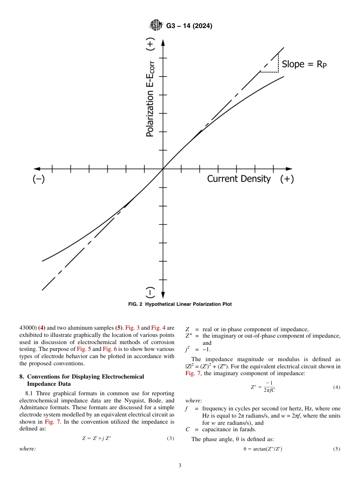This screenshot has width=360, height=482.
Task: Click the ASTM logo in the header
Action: coord(156,25)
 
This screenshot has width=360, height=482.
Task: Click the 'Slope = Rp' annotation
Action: coord(304,64)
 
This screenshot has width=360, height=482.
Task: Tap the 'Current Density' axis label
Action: coord(239,179)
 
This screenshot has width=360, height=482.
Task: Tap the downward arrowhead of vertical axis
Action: coord(163,295)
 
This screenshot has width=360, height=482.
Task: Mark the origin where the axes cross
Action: coord(163,169)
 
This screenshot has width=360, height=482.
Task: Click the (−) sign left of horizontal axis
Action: coord(38,179)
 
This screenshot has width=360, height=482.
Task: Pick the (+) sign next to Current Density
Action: coord(287,179)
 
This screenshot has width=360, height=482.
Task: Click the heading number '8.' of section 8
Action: coord(22,377)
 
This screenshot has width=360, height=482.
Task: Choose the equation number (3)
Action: coord(171,438)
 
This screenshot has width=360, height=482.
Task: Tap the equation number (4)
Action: coord(337,387)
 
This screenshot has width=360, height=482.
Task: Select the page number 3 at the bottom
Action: coord(180,466)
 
